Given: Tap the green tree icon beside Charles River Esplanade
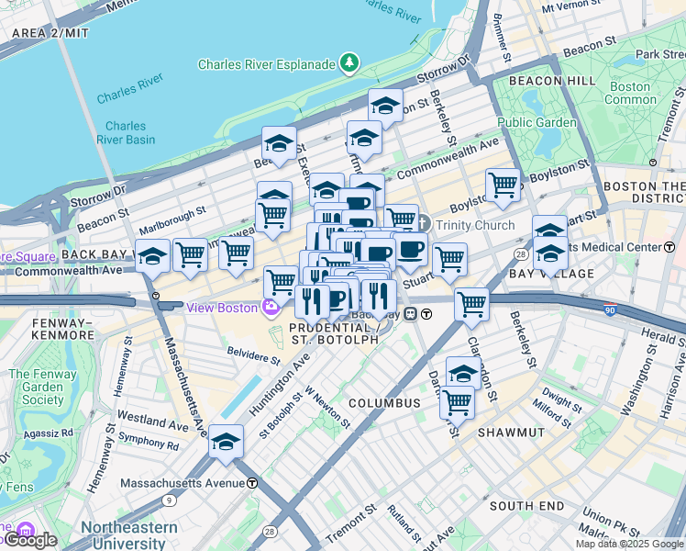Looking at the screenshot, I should click(x=349, y=63).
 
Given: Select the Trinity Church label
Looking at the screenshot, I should click(x=474, y=225).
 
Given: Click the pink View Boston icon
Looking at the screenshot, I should click(x=271, y=307).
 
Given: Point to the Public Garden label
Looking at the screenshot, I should click(x=537, y=122).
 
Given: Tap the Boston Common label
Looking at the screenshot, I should click(x=630, y=93).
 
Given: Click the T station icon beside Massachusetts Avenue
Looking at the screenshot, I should click(x=251, y=483).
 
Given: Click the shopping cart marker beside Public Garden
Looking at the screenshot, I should click(x=503, y=185).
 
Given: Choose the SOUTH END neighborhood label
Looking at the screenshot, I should click(x=526, y=506).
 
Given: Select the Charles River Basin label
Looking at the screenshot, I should click(x=129, y=133).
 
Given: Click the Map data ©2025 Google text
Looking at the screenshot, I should click(x=629, y=544).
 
